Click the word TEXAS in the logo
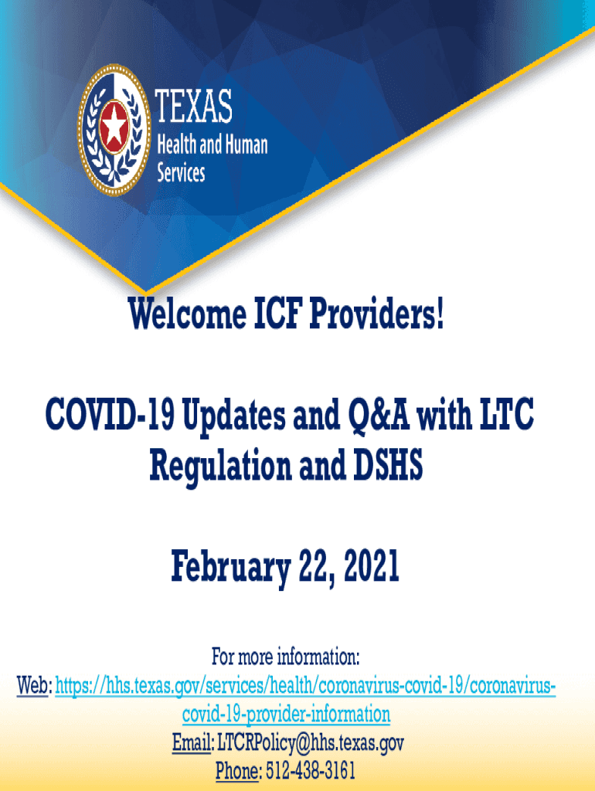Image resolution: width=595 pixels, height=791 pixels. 193,106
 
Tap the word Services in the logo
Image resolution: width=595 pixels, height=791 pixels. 181,172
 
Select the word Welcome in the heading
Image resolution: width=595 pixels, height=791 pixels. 187,314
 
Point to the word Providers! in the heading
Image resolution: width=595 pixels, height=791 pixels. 376,314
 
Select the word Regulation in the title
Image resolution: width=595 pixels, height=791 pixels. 220,465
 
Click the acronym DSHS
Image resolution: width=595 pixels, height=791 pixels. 388,464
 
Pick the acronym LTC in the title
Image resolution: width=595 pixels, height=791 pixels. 505,414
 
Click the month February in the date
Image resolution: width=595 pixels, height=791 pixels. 230,568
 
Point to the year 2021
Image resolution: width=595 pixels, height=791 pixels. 372,566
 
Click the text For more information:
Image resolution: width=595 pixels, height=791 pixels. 286,657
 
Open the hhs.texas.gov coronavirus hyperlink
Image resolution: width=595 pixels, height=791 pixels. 305,700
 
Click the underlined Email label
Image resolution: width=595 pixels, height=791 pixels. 192,742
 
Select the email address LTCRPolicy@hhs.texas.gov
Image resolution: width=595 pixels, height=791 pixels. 311,743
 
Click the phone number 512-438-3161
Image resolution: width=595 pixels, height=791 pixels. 311,771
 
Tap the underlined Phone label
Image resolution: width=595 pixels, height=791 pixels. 238,771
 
